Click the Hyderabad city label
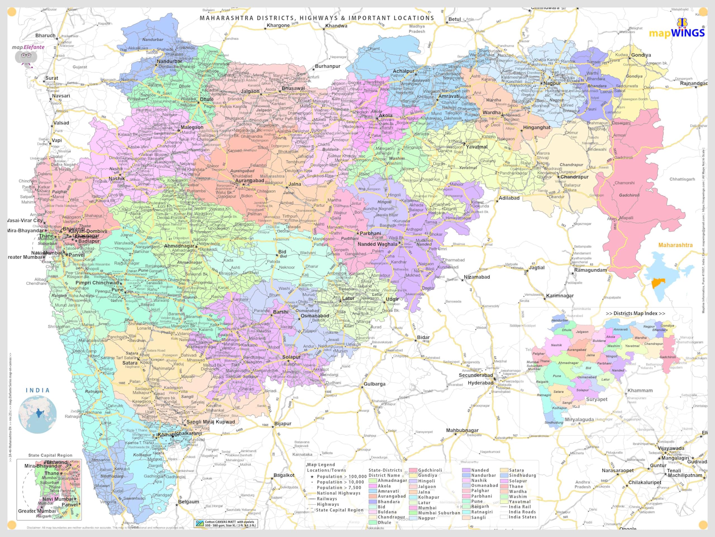[x=480, y=383]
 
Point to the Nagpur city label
[x=552, y=83]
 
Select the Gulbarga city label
[x=374, y=384]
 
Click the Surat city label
[x=52, y=78]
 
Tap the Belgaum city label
[x=189, y=501]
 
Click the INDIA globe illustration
[x=37, y=414]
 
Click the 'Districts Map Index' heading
[x=635, y=313]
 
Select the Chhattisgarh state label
[x=682, y=179]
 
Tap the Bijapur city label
[x=283, y=423]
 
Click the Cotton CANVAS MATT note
[x=226, y=523]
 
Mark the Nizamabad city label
[x=477, y=277]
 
